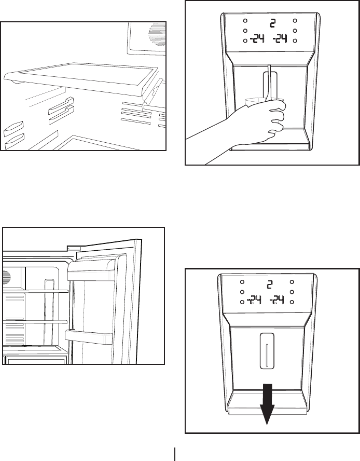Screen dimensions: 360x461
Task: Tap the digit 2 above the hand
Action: [x=272, y=22]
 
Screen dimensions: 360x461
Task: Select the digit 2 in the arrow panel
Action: [x=270, y=284]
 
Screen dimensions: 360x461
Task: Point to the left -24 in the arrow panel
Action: [x=254, y=300]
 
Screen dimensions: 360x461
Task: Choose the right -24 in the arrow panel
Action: [x=281, y=300]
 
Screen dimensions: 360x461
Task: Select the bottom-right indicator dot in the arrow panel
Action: [x=293, y=302]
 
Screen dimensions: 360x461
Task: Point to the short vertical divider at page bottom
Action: [x=175, y=453]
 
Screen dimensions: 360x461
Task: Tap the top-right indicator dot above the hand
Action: [x=295, y=21]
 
